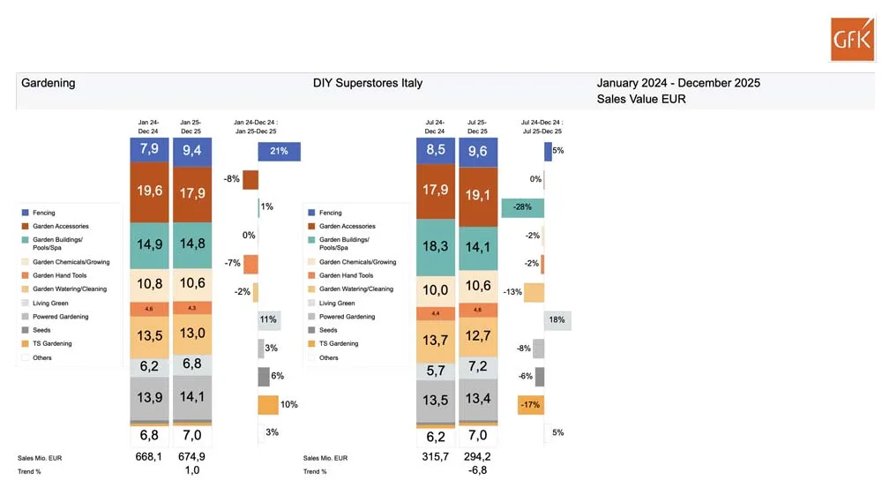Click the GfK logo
coord(852,39)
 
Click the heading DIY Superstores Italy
coord(368,83)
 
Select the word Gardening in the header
coord(48,83)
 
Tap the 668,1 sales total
coord(148,457)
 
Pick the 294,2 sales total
coord(477,457)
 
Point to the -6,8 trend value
coord(477,470)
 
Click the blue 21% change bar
coord(280,151)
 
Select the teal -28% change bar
coord(522,207)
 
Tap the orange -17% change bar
coord(530,405)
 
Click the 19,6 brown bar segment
coord(149,191)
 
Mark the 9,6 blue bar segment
coord(477,151)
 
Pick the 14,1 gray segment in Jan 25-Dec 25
coord(191,396)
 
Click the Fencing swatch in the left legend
coord(25,213)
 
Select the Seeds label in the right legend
coord(328,330)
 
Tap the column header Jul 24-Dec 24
coord(434,125)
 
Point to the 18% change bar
coord(557,320)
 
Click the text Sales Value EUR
coord(641,99)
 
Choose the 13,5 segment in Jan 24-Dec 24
coord(149,335)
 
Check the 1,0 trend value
coord(191,470)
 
